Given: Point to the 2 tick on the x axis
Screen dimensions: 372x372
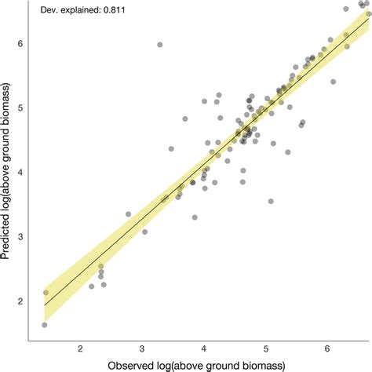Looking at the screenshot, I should (80, 348).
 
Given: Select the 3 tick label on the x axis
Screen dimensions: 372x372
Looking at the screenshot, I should (142, 348).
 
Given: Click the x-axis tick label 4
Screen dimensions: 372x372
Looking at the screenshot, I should (204, 348).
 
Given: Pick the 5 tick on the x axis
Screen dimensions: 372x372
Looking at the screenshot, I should (266, 348).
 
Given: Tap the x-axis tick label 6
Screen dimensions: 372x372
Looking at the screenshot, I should (328, 348).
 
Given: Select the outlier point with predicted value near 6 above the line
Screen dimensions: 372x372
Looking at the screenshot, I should (160, 45).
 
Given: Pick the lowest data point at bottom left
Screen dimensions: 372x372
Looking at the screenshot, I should (45, 324).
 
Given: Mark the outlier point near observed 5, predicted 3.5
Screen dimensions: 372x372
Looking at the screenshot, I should (271, 202).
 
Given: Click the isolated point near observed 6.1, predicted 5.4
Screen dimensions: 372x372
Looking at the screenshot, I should (333, 82).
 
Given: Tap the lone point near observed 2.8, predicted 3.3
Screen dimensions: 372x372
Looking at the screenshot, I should (129, 213).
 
